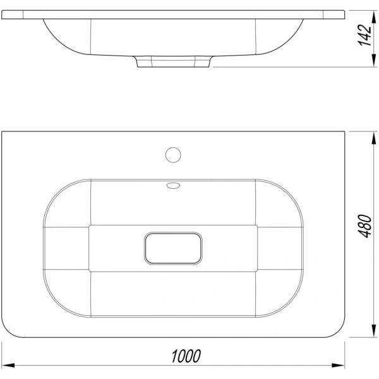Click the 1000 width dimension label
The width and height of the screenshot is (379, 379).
[x=186, y=356]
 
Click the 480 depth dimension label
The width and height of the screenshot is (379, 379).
[x=364, y=226]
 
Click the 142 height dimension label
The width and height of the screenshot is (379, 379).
[x=364, y=35]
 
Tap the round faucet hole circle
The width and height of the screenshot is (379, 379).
[x=173, y=155]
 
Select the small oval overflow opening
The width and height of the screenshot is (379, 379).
[x=173, y=185]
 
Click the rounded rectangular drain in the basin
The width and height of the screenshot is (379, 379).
[x=173, y=248]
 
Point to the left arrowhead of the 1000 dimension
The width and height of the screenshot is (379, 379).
[x=8, y=365]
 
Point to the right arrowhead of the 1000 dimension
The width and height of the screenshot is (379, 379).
[x=338, y=365]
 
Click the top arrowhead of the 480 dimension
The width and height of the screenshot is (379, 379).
[x=374, y=138]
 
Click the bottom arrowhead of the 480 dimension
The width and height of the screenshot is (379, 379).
[x=374, y=330]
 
